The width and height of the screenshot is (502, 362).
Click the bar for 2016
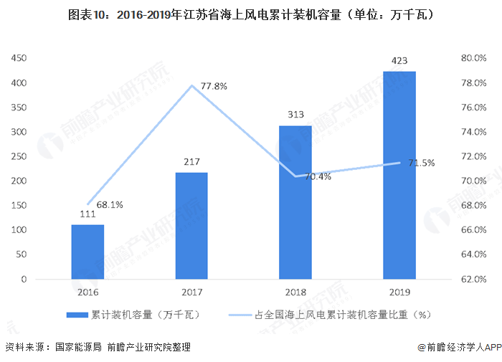tap(87, 252)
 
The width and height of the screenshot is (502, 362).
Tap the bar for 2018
tap(295, 202)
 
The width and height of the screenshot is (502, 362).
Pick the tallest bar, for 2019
tap(399, 175)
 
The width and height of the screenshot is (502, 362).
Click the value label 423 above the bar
tap(399, 61)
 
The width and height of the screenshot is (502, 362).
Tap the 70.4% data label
tap(318, 176)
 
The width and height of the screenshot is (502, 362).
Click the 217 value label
tap(191, 162)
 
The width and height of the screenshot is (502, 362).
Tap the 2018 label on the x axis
tap(295, 292)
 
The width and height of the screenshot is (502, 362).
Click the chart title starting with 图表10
tap(250, 14)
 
